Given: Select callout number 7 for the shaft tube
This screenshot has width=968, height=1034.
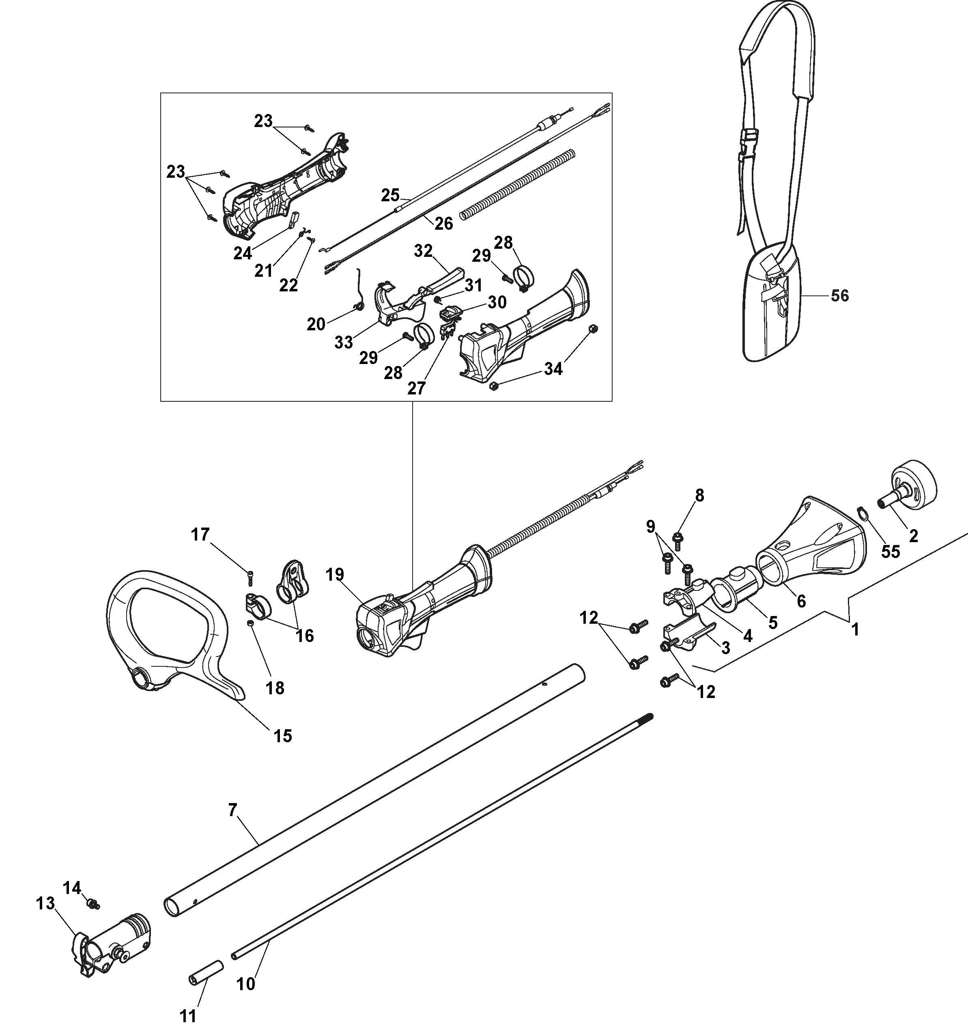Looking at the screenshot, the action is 232,809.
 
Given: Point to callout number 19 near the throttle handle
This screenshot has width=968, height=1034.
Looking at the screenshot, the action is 336,575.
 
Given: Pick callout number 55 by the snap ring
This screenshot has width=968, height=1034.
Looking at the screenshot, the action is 891,551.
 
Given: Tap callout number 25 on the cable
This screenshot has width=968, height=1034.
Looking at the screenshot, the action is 390,195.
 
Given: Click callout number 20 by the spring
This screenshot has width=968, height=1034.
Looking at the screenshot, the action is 316,324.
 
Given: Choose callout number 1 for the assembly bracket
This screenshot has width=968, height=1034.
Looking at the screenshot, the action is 855,630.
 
